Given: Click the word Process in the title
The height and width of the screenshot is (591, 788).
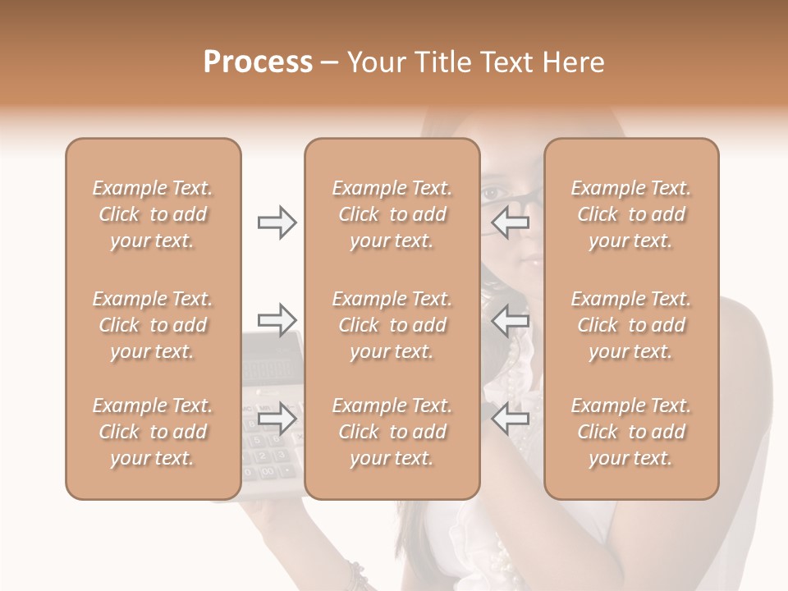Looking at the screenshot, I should coord(258,62).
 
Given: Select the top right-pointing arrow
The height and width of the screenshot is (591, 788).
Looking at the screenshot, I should coord(277,222).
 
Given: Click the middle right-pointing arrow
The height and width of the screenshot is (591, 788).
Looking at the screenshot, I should coord(277,319).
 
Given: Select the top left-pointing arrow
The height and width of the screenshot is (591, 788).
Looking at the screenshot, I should coord(511,222).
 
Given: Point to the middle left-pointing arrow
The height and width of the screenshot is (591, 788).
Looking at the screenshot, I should coord(511,319).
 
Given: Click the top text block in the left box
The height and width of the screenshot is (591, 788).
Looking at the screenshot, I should coord(153,214).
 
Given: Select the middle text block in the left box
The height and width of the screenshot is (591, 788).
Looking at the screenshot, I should coord(153,325).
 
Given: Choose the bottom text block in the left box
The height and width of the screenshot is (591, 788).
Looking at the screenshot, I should coord(153,432).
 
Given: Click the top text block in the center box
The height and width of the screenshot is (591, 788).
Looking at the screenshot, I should coord(392,214).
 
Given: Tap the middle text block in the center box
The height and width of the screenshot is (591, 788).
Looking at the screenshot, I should coord(392,325).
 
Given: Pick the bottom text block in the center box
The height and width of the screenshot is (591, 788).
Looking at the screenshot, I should coord(392,432).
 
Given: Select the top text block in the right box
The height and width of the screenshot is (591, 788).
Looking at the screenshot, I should coord(631,214).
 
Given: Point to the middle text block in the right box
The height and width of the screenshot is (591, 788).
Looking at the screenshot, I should coord(631,325).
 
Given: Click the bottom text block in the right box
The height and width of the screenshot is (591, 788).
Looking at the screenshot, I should coord(631,432).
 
